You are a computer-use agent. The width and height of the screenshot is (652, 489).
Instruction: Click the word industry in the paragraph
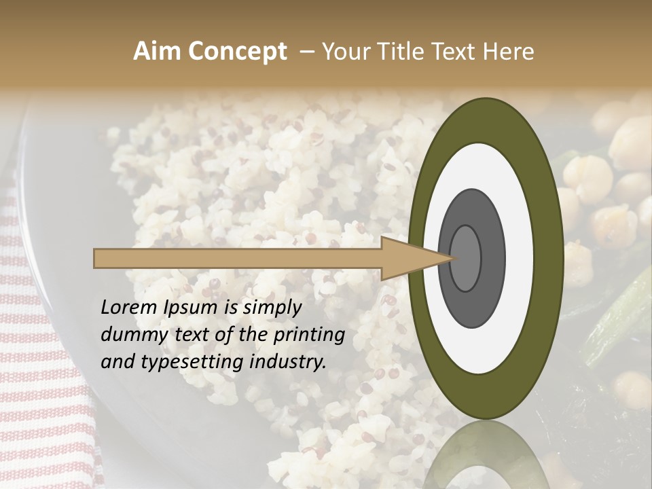pyautogui.click(x=293, y=362)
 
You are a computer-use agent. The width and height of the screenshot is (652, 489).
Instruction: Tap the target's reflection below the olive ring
pyautogui.click(x=486, y=455)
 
